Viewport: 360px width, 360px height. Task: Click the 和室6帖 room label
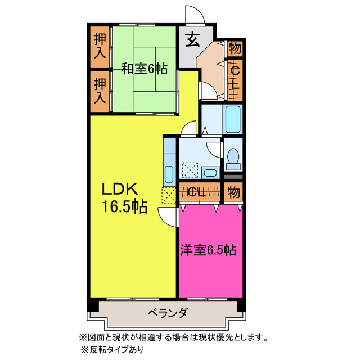144,69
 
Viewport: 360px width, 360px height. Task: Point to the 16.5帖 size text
124,206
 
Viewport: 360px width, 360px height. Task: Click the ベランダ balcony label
168,313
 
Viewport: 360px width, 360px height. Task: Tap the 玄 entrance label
192,40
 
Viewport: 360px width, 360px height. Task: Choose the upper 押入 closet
100,47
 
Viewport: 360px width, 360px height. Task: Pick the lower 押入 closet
100,91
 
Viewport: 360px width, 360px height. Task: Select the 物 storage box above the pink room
234,192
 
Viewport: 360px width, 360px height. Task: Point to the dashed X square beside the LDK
168,196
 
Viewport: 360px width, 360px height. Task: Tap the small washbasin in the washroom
210,173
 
